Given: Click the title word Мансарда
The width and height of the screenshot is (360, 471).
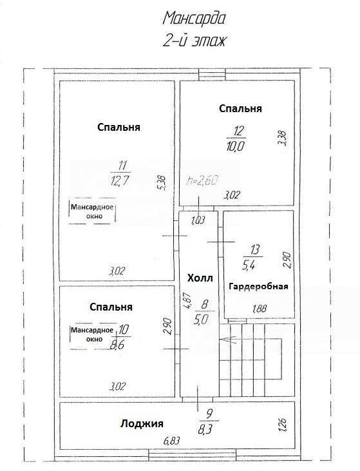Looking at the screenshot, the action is (x=194, y=19).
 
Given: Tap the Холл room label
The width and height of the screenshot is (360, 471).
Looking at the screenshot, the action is (x=200, y=278).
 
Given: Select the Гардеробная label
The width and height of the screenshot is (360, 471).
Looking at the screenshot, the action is (x=258, y=286).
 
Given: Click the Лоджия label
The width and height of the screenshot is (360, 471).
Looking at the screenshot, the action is (x=142, y=423).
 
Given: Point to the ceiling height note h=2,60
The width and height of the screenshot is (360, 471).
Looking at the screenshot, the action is (x=202, y=180).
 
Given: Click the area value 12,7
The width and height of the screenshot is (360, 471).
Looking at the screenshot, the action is (x=120, y=181).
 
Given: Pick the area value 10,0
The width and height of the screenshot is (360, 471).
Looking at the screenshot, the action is (x=236, y=146).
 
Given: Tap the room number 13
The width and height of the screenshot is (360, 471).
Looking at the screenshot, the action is (x=254, y=249).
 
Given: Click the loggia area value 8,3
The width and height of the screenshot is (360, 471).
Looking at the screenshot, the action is (x=205, y=428).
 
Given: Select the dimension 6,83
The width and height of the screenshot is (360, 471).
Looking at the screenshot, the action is (x=171, y=441).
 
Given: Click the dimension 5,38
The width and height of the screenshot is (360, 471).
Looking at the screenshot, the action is (x=163, y=183).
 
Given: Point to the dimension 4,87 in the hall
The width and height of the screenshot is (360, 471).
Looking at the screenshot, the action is (x=187, y=300).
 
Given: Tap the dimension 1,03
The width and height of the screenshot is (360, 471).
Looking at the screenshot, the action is (x=198, y=221).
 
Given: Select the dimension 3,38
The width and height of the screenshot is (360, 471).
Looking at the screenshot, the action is (x=283, y=138).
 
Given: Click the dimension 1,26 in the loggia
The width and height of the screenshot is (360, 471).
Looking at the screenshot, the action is (x=283, y=424).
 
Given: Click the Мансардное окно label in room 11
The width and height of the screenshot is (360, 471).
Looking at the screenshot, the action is (x=92, y=211).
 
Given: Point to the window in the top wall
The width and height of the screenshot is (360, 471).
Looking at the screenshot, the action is (x=212, y=74).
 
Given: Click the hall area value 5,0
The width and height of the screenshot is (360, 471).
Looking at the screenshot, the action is (x=201, y=320).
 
